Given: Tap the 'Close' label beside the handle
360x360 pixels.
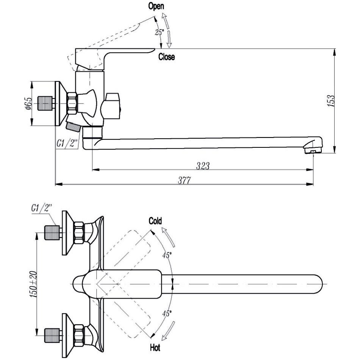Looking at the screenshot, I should [x=167, y=57].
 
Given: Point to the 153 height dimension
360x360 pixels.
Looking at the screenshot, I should [x=331, y=101].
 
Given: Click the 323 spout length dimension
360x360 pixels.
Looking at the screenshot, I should [x=203, y=166].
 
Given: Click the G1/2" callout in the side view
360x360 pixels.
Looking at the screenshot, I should [x=67, y=144].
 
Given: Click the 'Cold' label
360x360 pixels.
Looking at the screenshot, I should [x=155, y=221].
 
